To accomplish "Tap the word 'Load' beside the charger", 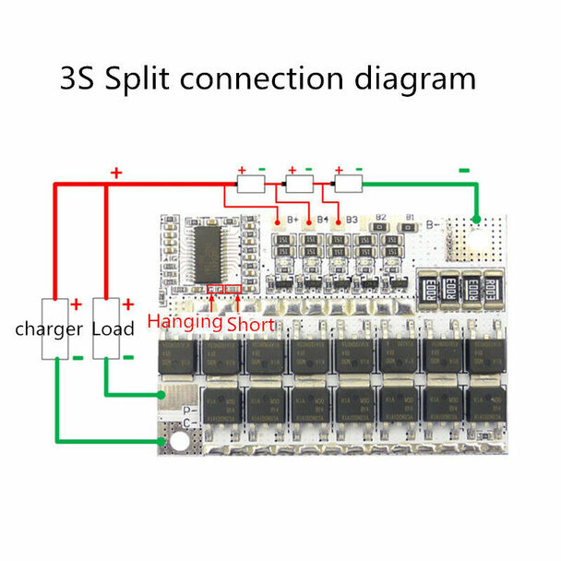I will [x=114, y=328].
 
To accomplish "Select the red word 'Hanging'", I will [x=185, y=322].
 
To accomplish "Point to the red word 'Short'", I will [x=250, y=324].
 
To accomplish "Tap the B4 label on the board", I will [x=323, y=220].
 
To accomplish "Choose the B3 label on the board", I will [x=351, y=220].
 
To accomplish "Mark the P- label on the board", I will [x=187, y=409].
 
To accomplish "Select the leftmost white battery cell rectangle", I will [x=251, y=185].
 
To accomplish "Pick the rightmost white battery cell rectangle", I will [x=347, y=185].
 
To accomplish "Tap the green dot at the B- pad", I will [x=476, y=220].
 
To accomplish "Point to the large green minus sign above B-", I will [x=464, y=169].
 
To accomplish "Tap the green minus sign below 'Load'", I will [x=129, y=356].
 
